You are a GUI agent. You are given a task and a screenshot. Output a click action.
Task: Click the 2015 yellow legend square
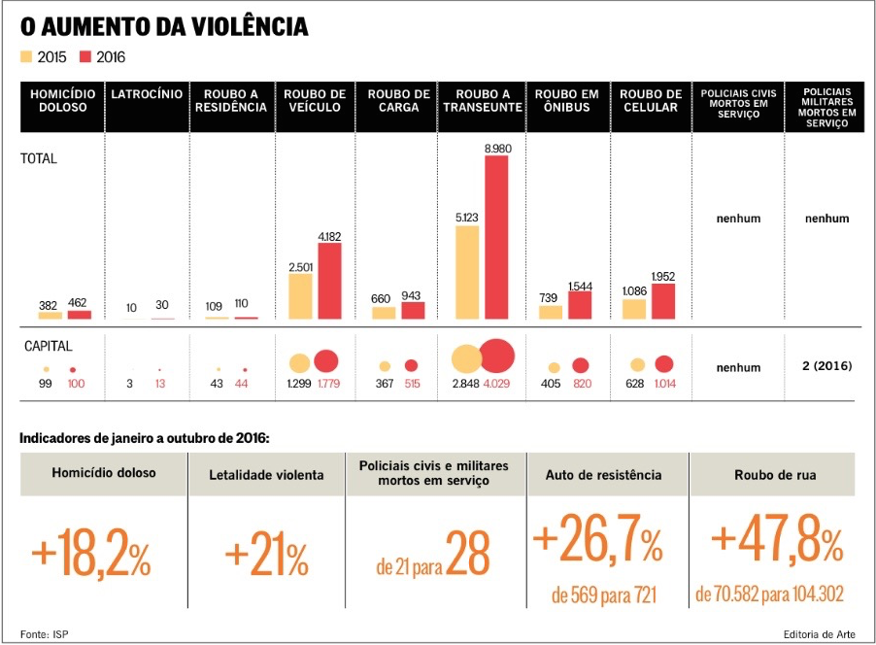(x=27, y=56)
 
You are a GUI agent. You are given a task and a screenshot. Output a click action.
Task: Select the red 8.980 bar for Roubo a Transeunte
(x=496, y=237)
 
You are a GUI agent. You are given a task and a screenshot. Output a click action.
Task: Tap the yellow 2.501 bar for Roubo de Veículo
(x=300, y=296)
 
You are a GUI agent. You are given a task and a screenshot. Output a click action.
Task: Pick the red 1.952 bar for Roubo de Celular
(x=663, y=301)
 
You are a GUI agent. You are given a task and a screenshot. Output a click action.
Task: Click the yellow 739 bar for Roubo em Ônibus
(x=551, y=312)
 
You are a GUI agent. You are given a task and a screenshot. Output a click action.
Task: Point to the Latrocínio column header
(x=147, y=101)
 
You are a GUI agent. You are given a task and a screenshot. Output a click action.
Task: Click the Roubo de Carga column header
(x=398, y=101)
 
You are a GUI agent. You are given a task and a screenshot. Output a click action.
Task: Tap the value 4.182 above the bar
(x=330, y=236)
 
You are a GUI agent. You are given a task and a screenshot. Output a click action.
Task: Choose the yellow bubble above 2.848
(x=466, y=359)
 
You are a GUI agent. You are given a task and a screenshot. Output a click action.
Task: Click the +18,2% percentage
(x=91, y=556)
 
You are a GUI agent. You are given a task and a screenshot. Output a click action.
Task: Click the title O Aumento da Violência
(x=164, y=26)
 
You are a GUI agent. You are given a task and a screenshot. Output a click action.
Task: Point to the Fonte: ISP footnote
(x=45, y=634)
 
